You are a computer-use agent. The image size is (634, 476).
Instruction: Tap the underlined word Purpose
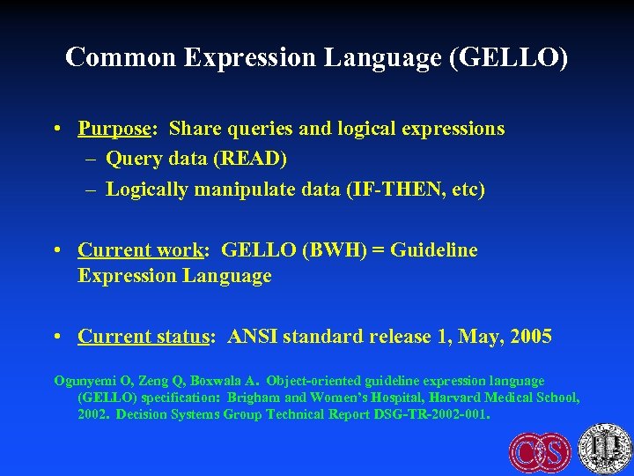tap(114, 129)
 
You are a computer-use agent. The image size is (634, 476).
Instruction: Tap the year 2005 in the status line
tap(529, 336)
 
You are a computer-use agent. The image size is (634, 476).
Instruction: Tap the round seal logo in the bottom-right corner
tap(604, 448)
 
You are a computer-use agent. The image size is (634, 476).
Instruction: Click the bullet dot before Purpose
tap(56, 129)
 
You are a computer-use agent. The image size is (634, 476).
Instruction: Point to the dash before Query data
tap(92, 159)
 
